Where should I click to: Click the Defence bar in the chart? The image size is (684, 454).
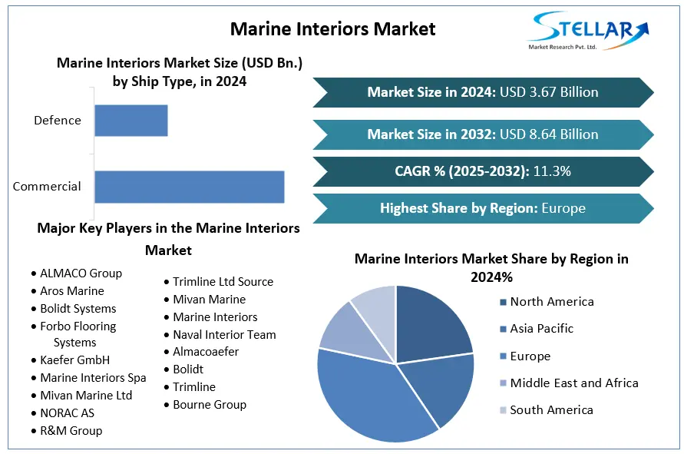(131, 121)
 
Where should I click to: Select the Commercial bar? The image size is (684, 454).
(189, 187)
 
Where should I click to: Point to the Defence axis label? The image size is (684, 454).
(58, 121)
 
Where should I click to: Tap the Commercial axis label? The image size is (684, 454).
(47, 187)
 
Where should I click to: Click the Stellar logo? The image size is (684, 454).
(588, 30)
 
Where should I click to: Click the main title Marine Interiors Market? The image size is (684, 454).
(333, 29)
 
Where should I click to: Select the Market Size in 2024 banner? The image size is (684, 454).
(482, 92)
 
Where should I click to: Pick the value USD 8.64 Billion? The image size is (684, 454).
(549, 134)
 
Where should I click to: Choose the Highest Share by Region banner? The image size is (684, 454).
(482, 208)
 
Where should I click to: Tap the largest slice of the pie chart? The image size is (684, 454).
(368, 392)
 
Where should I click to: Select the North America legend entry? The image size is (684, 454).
(551, 302)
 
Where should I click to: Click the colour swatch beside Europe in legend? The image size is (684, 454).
(503, 357)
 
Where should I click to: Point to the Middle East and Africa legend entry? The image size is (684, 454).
(573, 383)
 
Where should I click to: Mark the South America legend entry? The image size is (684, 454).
(551, 409)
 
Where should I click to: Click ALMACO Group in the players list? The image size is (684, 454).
(81, 273)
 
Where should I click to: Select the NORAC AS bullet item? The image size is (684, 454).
(67, 413)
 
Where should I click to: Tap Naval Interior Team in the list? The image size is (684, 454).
(224, 334)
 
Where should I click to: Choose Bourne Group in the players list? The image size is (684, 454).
(209, 404)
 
